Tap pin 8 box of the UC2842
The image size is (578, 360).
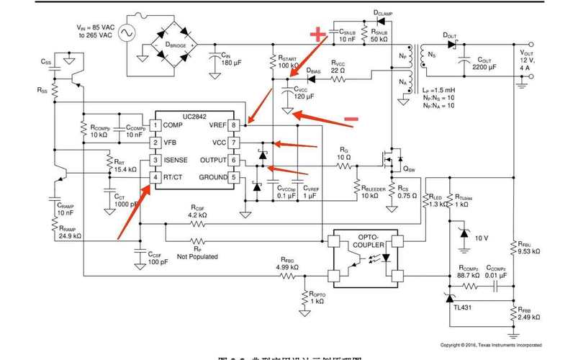tap(233, 125)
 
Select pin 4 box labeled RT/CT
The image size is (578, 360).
tap(154, 177)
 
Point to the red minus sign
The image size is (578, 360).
tap(351, 118)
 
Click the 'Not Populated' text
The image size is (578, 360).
tap(197, 256)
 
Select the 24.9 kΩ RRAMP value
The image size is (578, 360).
tap(69, 235)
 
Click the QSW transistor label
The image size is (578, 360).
tap(410, 169)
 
